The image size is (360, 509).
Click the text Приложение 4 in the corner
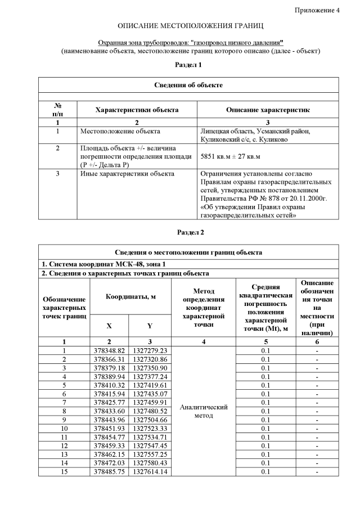(x=317, y=10)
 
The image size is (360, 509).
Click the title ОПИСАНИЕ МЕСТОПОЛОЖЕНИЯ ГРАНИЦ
(x=190, y=26)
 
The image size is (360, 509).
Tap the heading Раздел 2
(x=190, y=232)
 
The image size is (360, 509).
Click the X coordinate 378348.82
(x=110, y=350)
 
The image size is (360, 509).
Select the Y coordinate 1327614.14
(x=150, y=471)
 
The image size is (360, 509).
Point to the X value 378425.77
(x=110, y=402)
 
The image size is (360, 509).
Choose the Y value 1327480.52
(x=150, y=411)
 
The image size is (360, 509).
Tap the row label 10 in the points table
(x=64, y=428)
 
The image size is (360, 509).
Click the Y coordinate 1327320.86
(x=150, y=359)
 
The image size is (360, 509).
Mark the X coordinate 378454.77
(x=110, y=437)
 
